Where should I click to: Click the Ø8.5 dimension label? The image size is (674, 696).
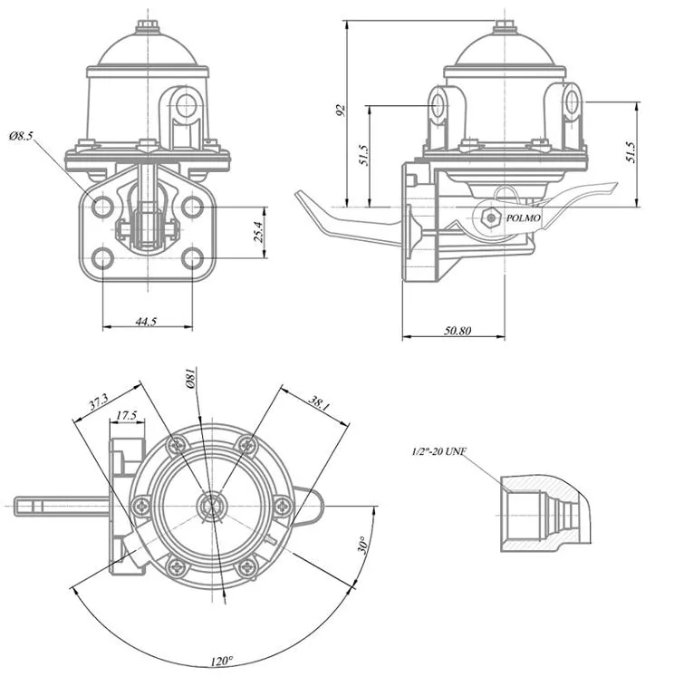(x=21, y=136)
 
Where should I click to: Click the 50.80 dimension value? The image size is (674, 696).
(x=457, y=331)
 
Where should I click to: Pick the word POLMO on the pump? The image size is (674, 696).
(x=524, y=218)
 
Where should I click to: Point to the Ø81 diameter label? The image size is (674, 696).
(x=191, y=380)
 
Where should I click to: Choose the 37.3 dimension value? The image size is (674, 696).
(x=99, y=399)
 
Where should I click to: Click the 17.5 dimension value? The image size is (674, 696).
(x=127, y=416)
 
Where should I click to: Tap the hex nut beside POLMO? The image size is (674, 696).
(x=490, y=217)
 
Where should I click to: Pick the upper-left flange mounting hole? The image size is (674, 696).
(x=103, y=207)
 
